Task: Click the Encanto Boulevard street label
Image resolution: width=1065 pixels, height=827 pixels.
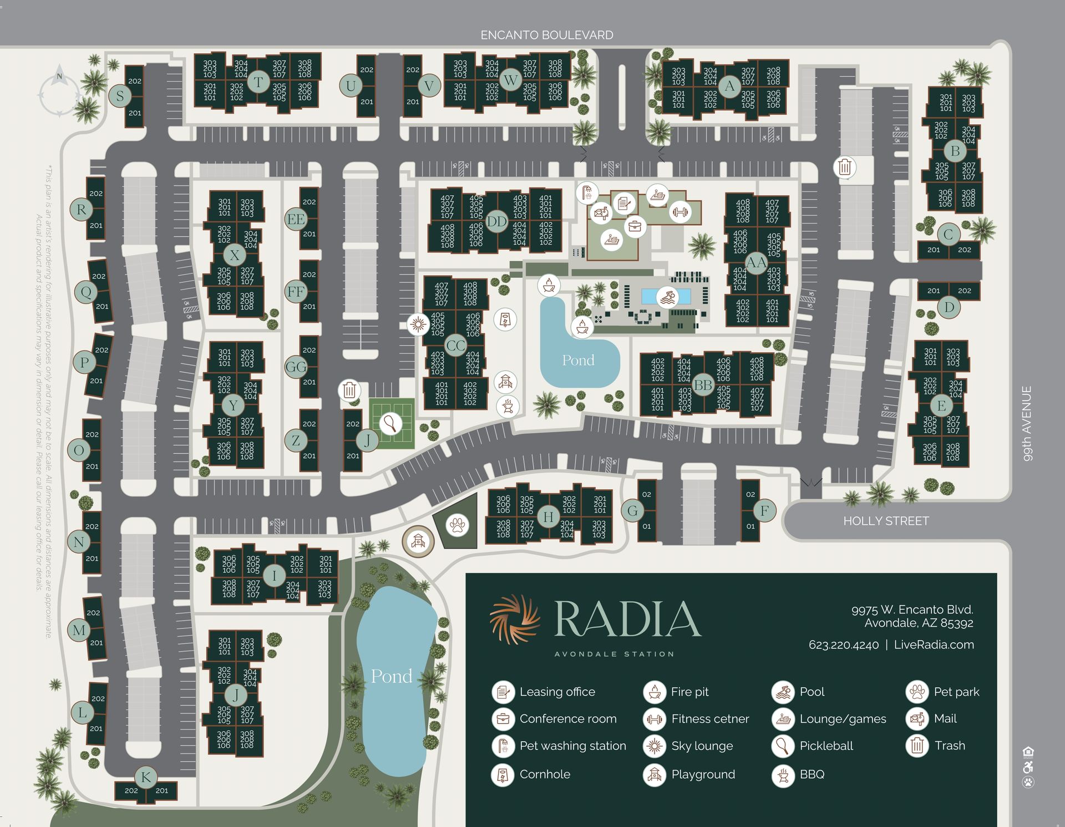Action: tap(546, 35)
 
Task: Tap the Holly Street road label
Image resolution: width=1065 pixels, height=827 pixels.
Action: tap(885, 521)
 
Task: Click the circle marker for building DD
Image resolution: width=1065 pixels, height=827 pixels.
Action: tap(496, 222)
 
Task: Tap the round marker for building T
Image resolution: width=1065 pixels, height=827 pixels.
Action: tap(258, 82)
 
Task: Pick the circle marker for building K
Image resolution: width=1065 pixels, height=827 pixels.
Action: tap(146, 777)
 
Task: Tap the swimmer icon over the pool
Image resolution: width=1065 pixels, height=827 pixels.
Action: tap(667, 297)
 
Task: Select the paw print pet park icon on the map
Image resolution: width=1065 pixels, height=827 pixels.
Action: tap(458, 525)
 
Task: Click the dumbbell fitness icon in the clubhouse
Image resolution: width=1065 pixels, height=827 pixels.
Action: tap(680, 211)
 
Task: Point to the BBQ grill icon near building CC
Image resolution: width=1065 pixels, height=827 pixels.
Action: tap(507, 406)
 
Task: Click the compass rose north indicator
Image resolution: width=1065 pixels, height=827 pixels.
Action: tap(60, 94)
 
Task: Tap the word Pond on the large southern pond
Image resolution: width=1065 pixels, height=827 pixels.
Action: tap(391, 676)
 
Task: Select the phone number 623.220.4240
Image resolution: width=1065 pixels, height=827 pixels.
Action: tap(843, 645)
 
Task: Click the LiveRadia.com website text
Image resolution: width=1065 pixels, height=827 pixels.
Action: tap(934, 645)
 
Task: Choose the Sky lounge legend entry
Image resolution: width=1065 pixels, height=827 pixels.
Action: tap(701, 746)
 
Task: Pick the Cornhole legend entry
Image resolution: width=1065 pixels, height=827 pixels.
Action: tap(544, 774)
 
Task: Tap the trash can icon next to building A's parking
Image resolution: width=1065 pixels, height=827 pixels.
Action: tap(844, 167)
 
